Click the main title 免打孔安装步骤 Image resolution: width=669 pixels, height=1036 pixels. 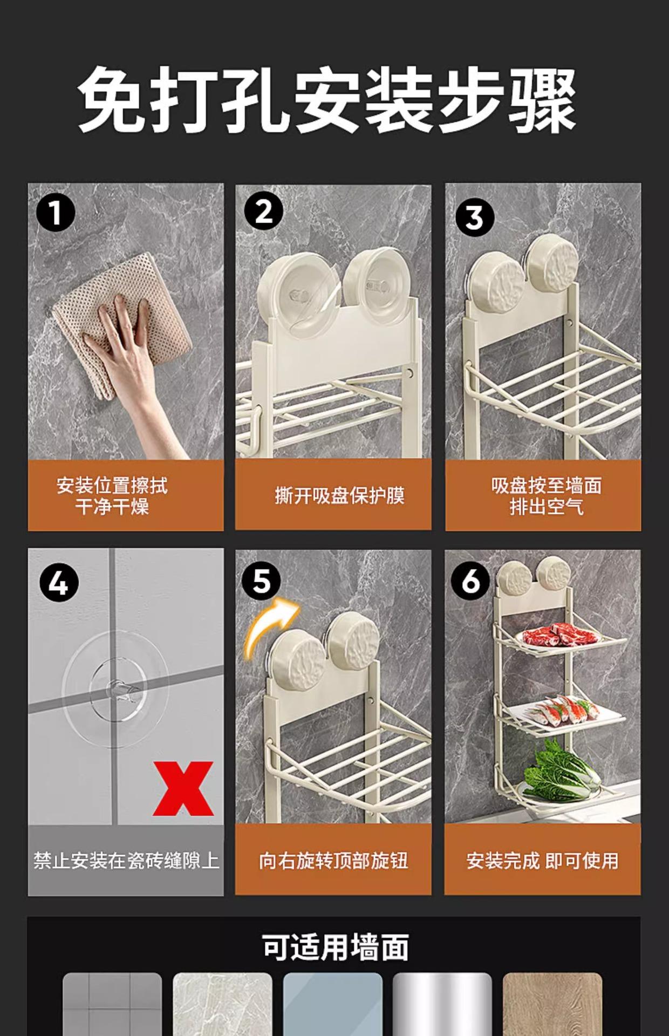pos(327,100)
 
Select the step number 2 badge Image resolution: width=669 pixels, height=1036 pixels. pos(264,212)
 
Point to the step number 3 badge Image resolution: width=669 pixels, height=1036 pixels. pos(475,217)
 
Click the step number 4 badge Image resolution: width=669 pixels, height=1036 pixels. pos(59,584)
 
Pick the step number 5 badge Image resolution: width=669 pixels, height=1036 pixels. pos(261,581)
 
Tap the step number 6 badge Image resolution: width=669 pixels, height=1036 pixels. pos(470,581)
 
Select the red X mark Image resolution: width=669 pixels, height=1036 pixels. pos(183,788)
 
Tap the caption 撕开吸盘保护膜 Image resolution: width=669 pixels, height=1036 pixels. pos(339,495)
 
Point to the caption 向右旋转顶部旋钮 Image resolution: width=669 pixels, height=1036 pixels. pos(333,861)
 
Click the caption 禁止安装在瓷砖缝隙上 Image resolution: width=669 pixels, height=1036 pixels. pos(126,860)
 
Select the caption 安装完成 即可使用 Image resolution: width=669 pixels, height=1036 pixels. pos(542,861)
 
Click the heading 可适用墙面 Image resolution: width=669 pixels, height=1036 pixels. pos(335,947)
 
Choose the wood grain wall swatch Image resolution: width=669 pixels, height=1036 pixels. pos(552,1004)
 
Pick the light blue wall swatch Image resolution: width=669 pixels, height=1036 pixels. pos(332,1004)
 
